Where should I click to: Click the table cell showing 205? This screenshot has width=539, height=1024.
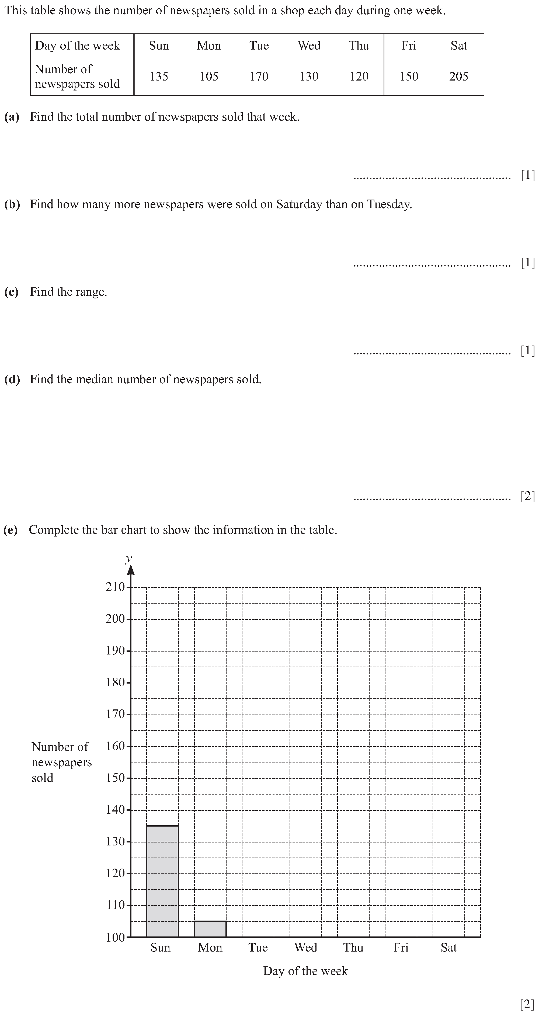click(x=459, y=76)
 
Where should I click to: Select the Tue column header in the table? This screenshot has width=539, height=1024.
click(x=259, y=46)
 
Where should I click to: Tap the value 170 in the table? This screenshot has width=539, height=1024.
click(x=259, y=76)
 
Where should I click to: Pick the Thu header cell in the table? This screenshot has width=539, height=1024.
click(x=359, y=46)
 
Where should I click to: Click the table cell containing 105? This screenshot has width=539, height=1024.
click(x=209, y=76)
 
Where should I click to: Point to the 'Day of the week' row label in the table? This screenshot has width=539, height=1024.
click(x=78, y=46)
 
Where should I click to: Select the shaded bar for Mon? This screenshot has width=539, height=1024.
click(x=210, y=929)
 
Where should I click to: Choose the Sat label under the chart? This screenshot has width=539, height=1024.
click(x=448, y=948)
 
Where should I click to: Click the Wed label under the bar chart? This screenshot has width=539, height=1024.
click(x=306, y=948)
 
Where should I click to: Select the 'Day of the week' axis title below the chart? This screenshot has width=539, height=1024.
click(x=305, y=971)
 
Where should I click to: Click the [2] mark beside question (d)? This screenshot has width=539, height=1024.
click(x=527, y=496)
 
